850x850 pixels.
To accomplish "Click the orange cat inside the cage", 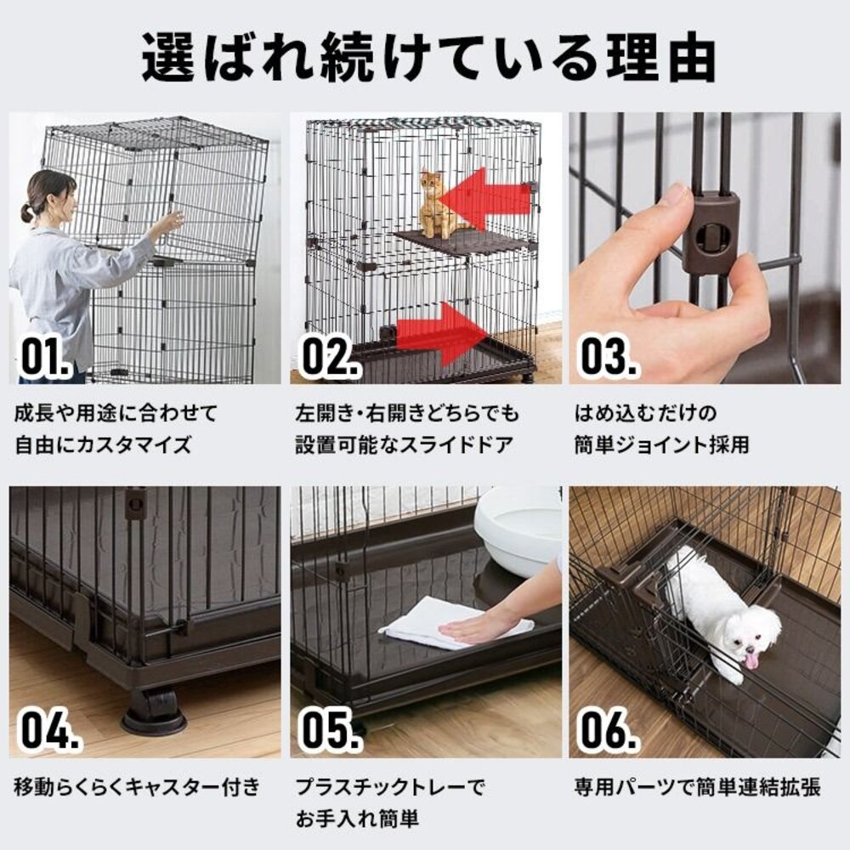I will (x=436, y=204).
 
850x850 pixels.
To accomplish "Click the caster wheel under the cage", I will (x=153, y=710).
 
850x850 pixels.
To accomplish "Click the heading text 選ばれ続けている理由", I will (x=425, y=57).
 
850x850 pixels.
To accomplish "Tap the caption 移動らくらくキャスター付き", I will (x=137, y=787).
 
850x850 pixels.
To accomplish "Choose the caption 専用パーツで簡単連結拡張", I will (x=695, y=787).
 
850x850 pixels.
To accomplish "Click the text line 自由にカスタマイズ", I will (x=103, y=444).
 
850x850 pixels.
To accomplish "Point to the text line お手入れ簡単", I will (x=357, y=819).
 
